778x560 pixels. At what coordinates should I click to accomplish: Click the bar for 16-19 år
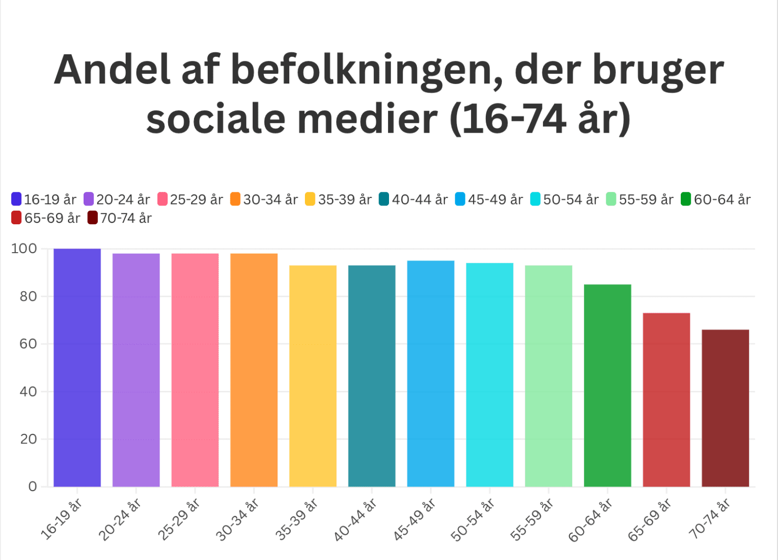(77, 368)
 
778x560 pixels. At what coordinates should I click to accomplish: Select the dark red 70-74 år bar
(725, 408)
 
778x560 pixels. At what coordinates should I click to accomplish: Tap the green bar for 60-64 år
(607, 385)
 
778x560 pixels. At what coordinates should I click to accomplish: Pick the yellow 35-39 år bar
(313, 376)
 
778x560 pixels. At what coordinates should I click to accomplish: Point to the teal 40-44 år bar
(372, 376)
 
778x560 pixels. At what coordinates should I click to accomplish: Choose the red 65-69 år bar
(666, 399)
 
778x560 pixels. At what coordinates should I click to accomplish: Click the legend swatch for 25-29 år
(163, 199)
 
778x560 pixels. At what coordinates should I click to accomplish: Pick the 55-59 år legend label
(646, 199)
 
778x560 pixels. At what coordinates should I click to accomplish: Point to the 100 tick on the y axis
(24, 249)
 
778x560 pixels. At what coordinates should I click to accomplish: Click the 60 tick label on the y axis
(28, 344)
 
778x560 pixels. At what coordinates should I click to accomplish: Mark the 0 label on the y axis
(32, 487)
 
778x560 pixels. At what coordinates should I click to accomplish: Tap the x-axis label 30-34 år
(237, 518)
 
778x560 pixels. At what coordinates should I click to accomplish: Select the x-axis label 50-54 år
(473, 518)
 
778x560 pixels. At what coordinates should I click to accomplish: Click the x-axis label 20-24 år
(120, 518)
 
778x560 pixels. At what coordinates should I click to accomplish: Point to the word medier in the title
(367, 119)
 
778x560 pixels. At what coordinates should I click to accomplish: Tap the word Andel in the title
(112, 70)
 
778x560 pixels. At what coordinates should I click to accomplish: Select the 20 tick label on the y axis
(28, 439)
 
